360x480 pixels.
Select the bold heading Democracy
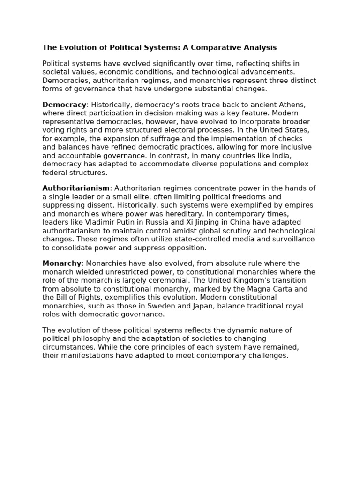click(x=64, y=105)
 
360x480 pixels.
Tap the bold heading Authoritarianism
click(x=76, y=188)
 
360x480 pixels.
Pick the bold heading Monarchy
click(x=62, y=263)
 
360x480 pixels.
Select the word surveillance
click(x=293, y=239)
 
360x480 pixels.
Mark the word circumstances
click(x=69, y=347)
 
